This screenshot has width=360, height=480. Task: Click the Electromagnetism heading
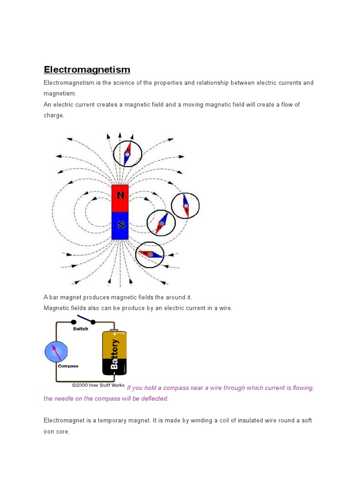pos(87,70)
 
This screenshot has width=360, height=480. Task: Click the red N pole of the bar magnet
pos(120,198)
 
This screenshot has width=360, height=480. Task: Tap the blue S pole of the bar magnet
pos(120,225)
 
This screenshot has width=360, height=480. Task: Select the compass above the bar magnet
pos(127,154)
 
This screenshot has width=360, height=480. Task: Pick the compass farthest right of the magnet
pos(185,206)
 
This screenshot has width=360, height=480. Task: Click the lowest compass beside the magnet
pos(150,255)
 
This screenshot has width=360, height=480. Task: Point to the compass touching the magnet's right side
pos(161,223)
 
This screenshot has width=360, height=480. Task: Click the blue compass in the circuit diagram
pos(56,352)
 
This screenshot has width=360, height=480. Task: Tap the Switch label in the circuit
pos(81,329)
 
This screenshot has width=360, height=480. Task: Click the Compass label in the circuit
pos(68,366)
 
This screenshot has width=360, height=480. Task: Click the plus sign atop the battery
pos(114,334)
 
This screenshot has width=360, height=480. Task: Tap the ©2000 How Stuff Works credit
pos(98,385)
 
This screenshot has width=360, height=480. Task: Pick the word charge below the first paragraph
pos(53,115)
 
